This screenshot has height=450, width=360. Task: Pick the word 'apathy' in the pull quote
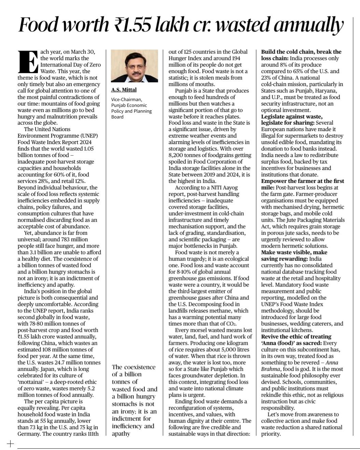[x=121, y=433]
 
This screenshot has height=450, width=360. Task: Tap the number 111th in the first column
[x=91, y=434]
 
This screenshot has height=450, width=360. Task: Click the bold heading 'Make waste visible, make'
[x=294, y=252]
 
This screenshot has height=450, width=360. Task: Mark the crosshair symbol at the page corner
[x=10, y=444]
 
